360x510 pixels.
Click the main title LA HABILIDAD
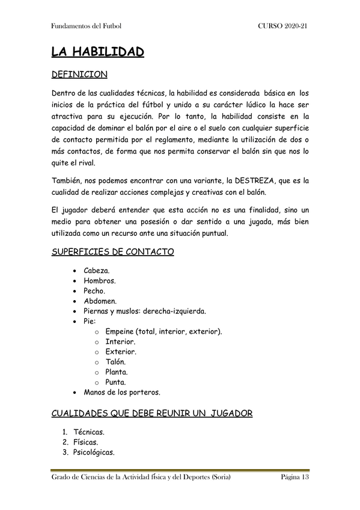(x=97, y=52)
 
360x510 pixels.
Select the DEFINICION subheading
(x=79, y=75)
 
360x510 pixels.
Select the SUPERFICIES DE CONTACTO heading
(x=113, y=252)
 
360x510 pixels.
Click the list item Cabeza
(x=97, y=271)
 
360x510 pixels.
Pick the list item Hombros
(x=100, y=281)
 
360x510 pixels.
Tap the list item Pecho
(x=94, y=290)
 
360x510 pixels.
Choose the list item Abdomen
(x=100, y=301)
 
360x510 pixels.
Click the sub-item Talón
(x=115, y=362)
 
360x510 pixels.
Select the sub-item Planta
(x=117, y=372)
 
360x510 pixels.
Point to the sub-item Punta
(x=115, y=382)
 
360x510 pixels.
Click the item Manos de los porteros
(x=123, y=392)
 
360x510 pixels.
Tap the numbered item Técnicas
(x=89, y=432)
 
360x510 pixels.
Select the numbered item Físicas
(x=86, y=442)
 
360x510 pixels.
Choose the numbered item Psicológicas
(x=94, y=452)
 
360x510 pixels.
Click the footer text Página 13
(x=294, y=478)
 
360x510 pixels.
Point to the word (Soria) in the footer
(x=219, y=478)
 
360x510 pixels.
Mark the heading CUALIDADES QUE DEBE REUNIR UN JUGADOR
(x=152, y=413)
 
